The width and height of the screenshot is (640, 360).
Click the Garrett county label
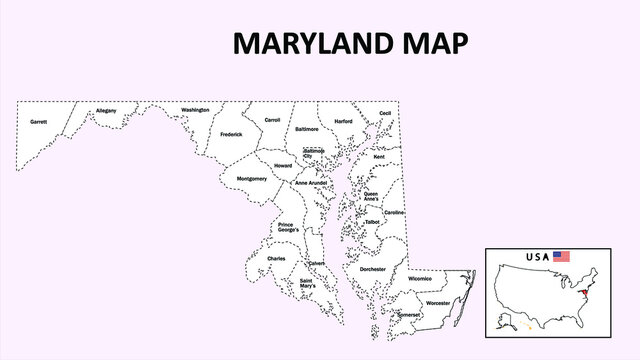[39, 122]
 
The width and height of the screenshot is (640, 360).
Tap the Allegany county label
[106, 110]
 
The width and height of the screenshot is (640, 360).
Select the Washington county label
[195, 110]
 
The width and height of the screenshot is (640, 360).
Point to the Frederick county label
[231, 134]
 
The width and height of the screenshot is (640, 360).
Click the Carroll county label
[272, 120]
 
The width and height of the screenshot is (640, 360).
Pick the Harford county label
[343, 121]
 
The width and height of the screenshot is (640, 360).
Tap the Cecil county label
[385, 114]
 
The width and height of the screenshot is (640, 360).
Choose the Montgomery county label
[251, 179]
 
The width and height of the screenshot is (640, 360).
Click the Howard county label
[284, 165]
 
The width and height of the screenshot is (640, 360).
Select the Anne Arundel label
[311, 184]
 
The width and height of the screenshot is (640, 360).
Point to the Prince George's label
[288, 229]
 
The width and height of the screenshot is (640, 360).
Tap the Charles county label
[276, 259]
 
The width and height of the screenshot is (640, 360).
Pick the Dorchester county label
[373, 269]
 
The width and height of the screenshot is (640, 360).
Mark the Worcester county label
[437, 302]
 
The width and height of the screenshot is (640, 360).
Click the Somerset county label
[409, 314]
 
